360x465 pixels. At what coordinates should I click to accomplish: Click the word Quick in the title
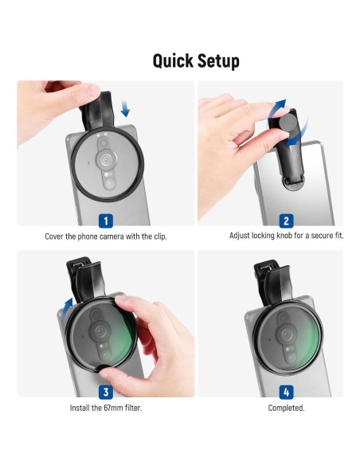(x=173, y=61)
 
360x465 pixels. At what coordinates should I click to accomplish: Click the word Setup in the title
(x=218, y=61)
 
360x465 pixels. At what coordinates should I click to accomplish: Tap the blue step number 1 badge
(x=106, y=221)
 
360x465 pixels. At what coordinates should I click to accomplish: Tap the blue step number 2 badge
(x=286, y=221)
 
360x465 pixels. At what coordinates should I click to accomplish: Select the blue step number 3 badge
(x=106, y=392)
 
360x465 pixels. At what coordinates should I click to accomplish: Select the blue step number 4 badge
(x=286, y=392)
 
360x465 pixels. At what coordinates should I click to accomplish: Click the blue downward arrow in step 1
(x=125, y=108)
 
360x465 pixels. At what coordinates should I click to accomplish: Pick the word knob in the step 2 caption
(x=284, y=236)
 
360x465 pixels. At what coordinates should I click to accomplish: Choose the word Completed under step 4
(x=286, y=408)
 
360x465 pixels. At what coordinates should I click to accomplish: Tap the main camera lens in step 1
(x=106, y=160)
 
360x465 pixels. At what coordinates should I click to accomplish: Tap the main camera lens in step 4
(x=286, y=334)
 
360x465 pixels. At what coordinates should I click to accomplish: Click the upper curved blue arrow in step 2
(x=276, y=110)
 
